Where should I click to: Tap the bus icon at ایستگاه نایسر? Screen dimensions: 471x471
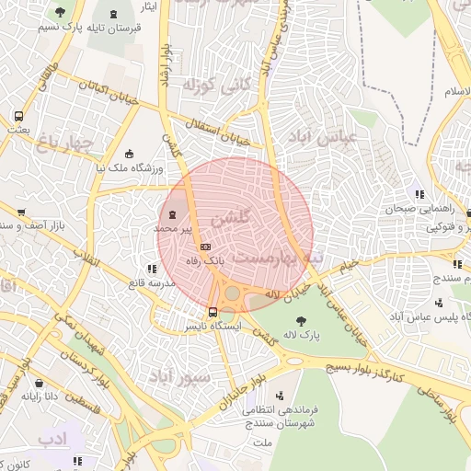click(x=213, y=312)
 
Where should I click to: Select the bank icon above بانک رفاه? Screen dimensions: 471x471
click(x=205, y=247)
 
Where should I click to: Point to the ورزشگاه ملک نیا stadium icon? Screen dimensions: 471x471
click(x=130, y=154)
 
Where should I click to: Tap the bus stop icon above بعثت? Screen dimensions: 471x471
click(x=18, y=117)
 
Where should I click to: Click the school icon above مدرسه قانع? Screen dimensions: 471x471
click(x=151, y=269)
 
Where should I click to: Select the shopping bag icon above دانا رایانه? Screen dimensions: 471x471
click(x=39, y=383)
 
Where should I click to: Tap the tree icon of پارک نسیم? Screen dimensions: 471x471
click(x=61, y=13)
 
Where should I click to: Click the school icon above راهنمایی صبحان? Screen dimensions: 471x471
click(x=419, y=194)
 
